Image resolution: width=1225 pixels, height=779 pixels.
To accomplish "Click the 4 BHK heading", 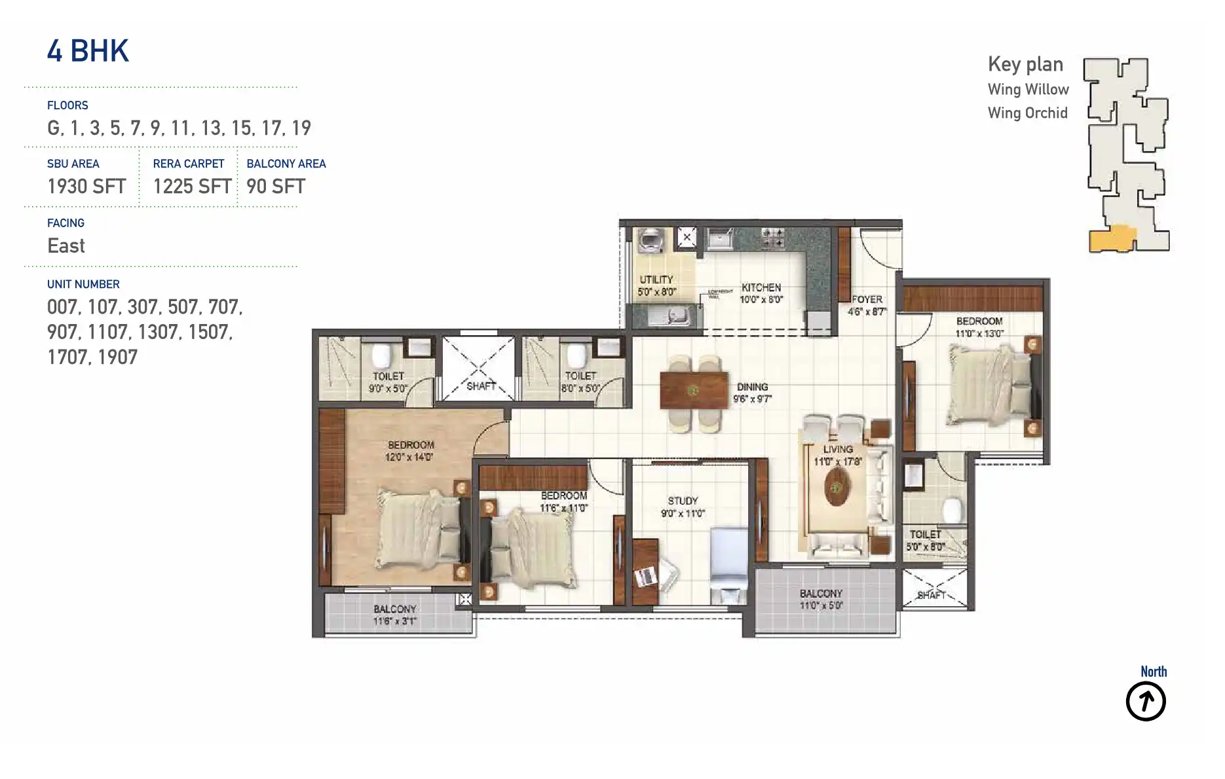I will click(x=88, y=51).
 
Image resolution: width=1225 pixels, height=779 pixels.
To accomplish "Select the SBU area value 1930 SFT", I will click(x=86, y=187).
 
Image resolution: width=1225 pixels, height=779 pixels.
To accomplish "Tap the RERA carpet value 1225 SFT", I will click(x=192, y=187).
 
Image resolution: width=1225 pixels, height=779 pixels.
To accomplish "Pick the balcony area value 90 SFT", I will click(x=276, y=187).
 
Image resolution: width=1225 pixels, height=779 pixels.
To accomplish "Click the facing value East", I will click(x=66, y=246).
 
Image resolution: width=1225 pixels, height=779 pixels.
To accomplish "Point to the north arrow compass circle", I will click(x=1145, y=701).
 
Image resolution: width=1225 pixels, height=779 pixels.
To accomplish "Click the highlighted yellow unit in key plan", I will click(x=1112, y=239).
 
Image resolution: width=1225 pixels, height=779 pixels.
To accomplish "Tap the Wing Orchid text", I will click(x=1027, y=113).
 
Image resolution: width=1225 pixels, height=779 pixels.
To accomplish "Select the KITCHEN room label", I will click(x=761, y=287).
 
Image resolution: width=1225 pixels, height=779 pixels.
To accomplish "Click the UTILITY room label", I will click(x=656, y=280).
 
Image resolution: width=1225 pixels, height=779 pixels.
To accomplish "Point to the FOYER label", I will click(x=867, y=299).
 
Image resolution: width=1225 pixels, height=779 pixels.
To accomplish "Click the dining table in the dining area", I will click(x=694, y=391).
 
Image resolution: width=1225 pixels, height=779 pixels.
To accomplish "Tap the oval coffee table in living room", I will click(x=836, y=486).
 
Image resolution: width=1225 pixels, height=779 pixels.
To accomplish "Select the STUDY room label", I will click(x=683, y=501).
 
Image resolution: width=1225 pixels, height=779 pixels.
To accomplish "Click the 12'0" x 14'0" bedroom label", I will click(x=410, y=451).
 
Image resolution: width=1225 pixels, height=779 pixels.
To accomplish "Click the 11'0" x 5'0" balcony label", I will click(x=820, y=600).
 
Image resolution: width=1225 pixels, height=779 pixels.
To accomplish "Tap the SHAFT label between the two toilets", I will click(x=481, y=386).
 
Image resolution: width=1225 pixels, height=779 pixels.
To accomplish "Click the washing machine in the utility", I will click(x=650, y=241).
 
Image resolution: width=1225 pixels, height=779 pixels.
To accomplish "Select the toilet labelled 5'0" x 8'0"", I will click(x=925, y=540).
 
